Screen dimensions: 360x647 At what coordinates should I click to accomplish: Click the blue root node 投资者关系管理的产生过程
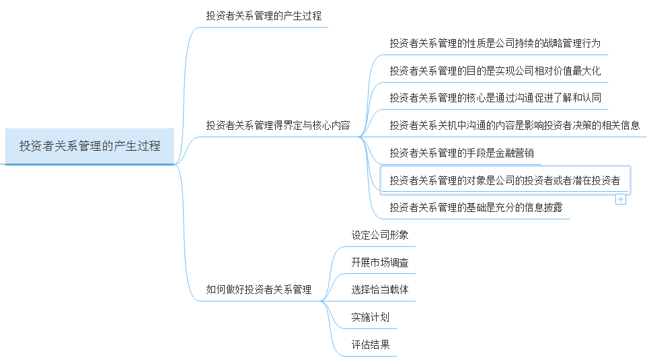[89, 146]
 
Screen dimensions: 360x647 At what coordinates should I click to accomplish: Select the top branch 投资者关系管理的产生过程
[264, 15]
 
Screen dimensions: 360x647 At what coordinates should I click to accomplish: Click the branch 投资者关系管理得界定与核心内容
[278, 125]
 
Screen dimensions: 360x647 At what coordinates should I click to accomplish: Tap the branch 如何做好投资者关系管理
[258, 290]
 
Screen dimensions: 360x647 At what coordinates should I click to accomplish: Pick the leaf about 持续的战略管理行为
[494, 43]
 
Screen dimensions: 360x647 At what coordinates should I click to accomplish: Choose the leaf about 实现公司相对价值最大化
[494, 71]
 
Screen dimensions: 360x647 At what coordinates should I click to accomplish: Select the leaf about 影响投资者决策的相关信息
[515, 125]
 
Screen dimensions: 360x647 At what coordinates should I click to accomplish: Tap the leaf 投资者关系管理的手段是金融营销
[461, 153]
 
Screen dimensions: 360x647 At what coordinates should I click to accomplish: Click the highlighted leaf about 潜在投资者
[504, 180]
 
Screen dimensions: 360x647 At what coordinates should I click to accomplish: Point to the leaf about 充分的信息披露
[475, 208]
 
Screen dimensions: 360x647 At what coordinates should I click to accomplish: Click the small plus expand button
[621, 199]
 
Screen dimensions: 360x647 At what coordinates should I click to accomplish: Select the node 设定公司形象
[379, 236]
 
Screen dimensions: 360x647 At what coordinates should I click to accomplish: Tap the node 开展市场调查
[379, 263]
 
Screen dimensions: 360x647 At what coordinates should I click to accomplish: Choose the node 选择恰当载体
[379, 290]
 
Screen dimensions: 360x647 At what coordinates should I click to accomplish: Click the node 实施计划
[370, 318]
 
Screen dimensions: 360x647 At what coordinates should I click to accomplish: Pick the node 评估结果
[370, 345]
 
